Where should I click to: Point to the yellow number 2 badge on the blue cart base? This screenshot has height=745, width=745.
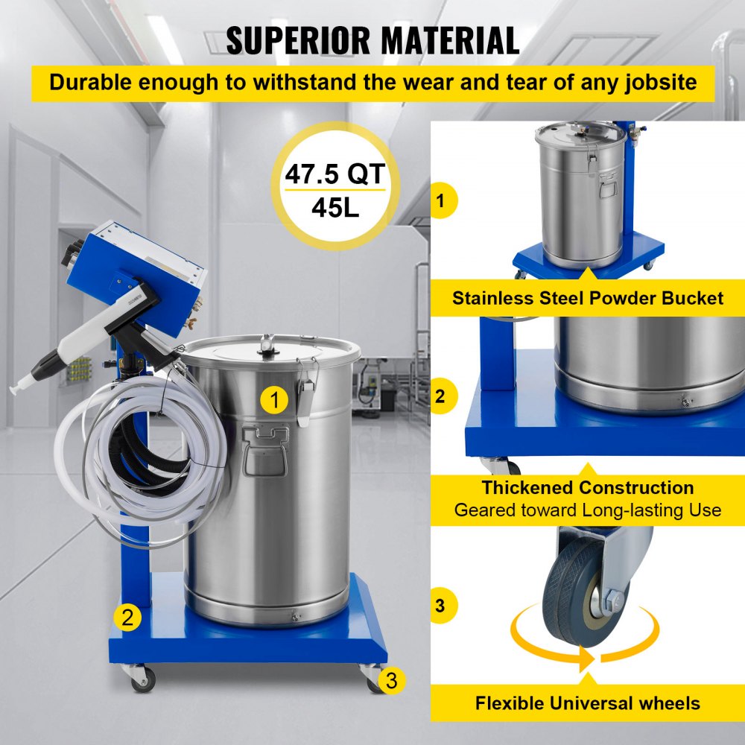pyautogui.click(x=127, y=617)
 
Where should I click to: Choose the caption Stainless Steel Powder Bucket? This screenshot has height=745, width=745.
pyautogui.click(x=588, y=299)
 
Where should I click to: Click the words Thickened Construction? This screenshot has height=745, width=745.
pyautogui.click(x=588, y=488)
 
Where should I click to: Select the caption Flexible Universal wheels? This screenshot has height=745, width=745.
pyautogui.click(x=588, y=703)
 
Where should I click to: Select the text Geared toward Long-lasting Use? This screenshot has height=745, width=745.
pyautogui.click(x=588, y=510)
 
